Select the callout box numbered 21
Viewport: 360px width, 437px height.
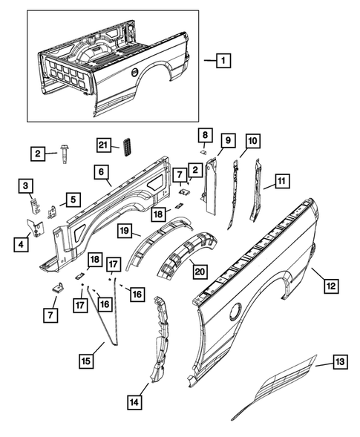tap(104, 144)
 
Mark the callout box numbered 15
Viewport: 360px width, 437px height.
tap(85, 361)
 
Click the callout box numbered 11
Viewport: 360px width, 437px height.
tap(282, 180)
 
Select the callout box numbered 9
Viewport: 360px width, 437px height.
tap(227, 140)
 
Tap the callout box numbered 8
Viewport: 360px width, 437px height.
tap(204, 134)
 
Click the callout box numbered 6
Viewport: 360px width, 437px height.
tap(99, 171)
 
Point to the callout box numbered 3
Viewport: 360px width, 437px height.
tap(25, 185)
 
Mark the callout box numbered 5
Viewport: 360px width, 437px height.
tap(73, 199)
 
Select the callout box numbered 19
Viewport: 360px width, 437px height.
tap(125, 230)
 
